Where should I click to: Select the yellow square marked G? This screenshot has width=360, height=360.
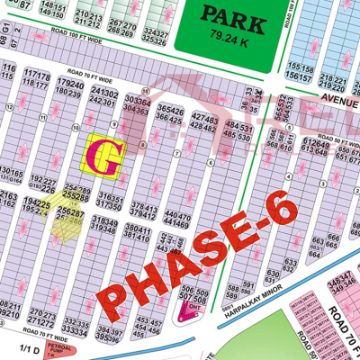tap(104, 155)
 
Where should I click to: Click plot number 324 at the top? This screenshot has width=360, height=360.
tap(154, 32)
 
